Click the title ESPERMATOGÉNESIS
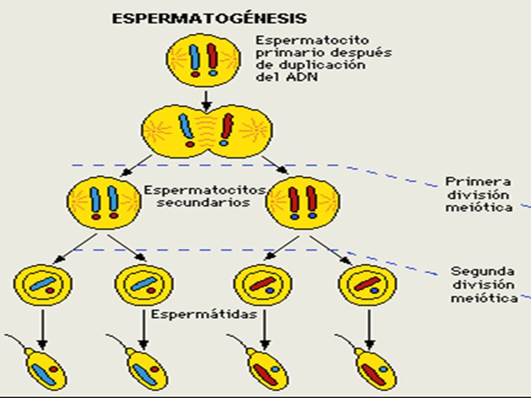[209, 18]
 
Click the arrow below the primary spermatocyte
[205, 99]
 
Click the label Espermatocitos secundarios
[205, 196]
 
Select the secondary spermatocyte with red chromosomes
[303, 202]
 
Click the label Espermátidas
[205, 315]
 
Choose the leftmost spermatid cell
[43, 284]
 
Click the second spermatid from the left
[144, 284]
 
